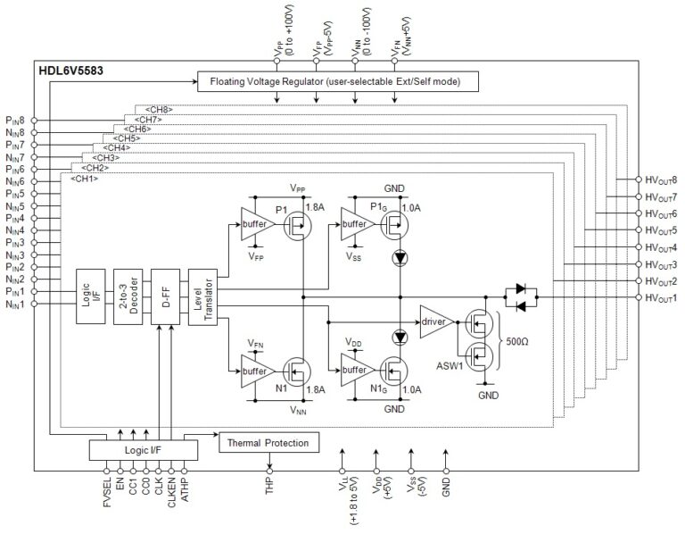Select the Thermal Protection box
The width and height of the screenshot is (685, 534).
coord(268,442)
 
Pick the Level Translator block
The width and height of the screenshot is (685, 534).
coord(200,296)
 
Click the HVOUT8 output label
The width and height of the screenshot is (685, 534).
coord(660,179)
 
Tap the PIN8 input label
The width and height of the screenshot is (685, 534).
coord(16,119)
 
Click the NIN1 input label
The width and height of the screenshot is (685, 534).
coord(16,305)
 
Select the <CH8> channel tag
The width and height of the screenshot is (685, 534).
coord(158,110)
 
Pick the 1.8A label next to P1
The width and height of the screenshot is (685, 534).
coord(315,207)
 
